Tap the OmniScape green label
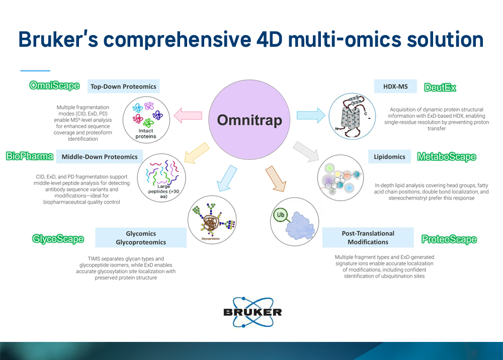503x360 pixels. coord(54,85)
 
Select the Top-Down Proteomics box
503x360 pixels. coord(123,86)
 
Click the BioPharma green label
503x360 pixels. coord(30,156)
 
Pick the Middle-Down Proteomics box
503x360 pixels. coord(100,156)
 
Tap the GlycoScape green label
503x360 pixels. coord(58,238)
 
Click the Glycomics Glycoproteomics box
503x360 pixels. coord(141,238)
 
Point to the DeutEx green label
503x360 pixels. coord(440,87)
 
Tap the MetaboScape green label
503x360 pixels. coord(447,157)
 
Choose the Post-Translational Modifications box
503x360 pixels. coord(368,237)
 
